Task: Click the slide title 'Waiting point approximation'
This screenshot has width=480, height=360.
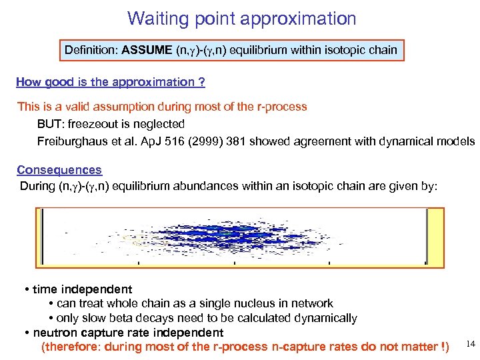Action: point(241,18)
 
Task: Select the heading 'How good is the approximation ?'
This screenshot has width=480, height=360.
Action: point(110,82)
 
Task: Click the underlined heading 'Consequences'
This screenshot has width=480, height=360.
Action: point(59,170)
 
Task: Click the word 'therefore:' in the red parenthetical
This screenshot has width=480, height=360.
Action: point(70,347)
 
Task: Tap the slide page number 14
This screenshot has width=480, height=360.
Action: point(470,344)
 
